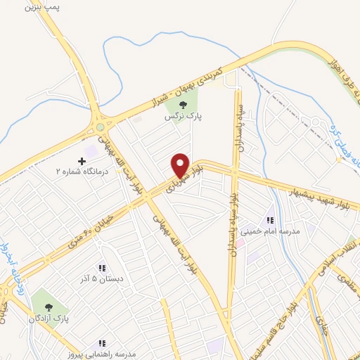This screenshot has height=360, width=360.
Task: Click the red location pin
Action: (180, 166)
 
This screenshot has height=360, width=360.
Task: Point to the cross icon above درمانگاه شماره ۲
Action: (82, 161)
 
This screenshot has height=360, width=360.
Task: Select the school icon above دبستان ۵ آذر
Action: (102, 268)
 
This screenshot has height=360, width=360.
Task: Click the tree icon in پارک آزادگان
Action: (49, 307)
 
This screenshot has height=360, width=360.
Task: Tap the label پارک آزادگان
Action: (47, 319)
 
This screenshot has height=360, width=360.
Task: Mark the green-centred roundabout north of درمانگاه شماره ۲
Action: (101, 127)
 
